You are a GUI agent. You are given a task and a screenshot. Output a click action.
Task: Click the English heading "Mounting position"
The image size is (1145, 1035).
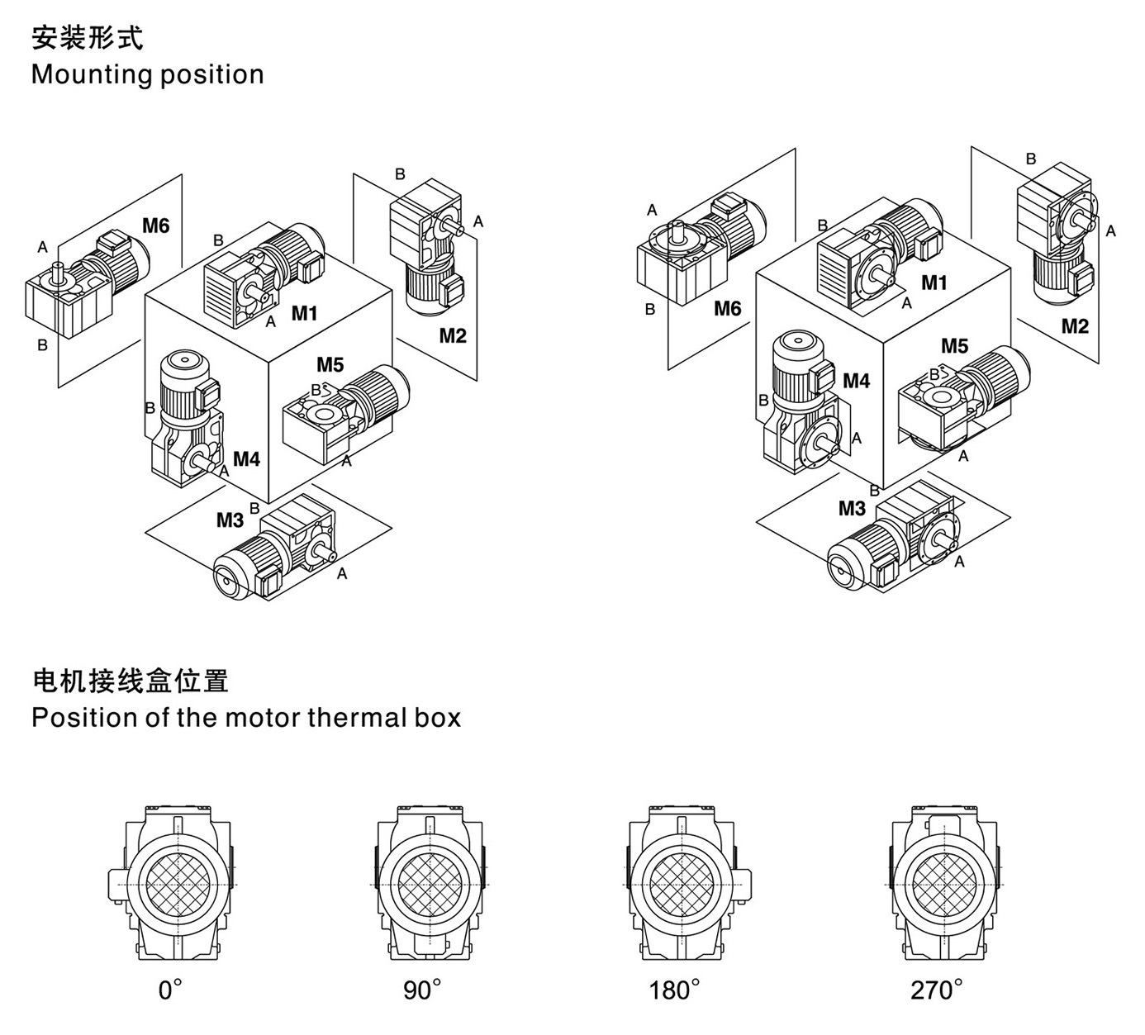(147, 74)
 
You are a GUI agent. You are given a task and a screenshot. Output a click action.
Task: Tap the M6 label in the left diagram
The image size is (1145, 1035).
(156, 225)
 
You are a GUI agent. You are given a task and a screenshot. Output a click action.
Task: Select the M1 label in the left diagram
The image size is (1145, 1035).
(304, 313)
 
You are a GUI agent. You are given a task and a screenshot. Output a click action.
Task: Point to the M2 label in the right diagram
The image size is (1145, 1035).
(1075, 325)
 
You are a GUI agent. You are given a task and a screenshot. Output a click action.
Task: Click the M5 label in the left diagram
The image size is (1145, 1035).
(330, 364)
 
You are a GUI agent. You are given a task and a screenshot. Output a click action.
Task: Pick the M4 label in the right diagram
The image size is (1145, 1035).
(857, 381)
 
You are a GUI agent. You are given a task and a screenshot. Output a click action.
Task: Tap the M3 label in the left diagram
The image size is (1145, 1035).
(230, 520)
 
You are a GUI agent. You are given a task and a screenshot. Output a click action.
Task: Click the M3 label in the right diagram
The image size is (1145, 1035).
(852, 508)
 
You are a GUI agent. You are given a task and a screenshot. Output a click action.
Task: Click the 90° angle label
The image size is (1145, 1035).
(423, 990)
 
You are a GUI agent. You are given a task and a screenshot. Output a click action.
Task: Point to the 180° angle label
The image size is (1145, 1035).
(675, 990)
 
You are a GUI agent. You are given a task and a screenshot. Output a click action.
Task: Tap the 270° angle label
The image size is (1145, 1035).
(937, 990)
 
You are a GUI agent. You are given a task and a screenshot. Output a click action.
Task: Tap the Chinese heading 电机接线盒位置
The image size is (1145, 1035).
(130, 681)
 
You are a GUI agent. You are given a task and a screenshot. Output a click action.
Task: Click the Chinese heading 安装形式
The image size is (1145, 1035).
(87, 38)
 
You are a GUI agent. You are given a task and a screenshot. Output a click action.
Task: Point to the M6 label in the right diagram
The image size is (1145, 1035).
(728, 308)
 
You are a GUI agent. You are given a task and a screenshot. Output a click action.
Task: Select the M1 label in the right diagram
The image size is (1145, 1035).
(934, 282)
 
